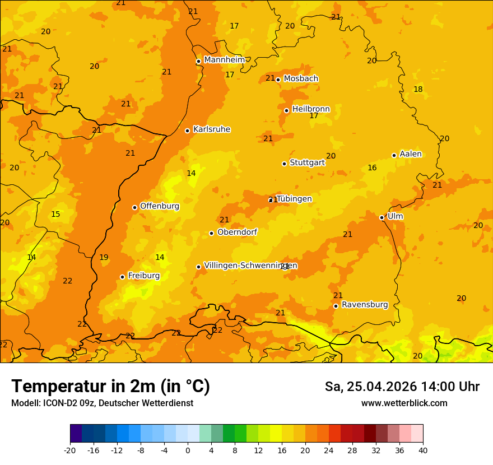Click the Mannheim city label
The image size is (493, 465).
(224, 60)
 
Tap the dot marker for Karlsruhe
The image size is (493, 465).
(188, 131)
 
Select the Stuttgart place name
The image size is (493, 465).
(307, 162)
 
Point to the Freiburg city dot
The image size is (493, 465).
(123, 277)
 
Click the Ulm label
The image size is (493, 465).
(395, 216)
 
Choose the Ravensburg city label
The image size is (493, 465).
(364, 305)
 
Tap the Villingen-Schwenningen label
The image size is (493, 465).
(250, 266)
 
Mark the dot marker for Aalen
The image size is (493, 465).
(394, 155)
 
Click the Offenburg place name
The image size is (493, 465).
(159, 206)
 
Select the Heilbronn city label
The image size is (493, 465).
(311, 109)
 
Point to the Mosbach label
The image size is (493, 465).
(301, 78)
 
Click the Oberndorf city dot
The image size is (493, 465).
(212, 233)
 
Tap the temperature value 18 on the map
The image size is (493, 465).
(418, 89)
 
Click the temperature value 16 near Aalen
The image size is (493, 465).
(372, 168)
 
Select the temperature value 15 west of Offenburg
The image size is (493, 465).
(55, 214)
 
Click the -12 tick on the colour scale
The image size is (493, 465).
(117, 450)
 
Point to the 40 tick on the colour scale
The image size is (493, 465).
(422, 450)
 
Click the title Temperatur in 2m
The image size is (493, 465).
(110, 386)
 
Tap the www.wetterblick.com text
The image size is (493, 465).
(404, 403)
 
